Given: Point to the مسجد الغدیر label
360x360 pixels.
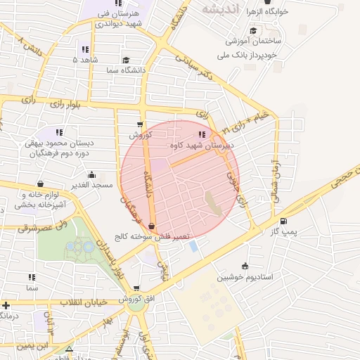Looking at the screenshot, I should [91, 184].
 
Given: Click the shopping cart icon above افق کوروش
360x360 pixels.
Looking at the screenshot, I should [136, 288].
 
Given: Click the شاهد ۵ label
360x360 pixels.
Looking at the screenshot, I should [85, 60].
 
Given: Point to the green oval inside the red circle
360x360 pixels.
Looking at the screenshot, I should [213, 202].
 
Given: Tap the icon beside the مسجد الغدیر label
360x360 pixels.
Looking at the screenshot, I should [91, 174].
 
